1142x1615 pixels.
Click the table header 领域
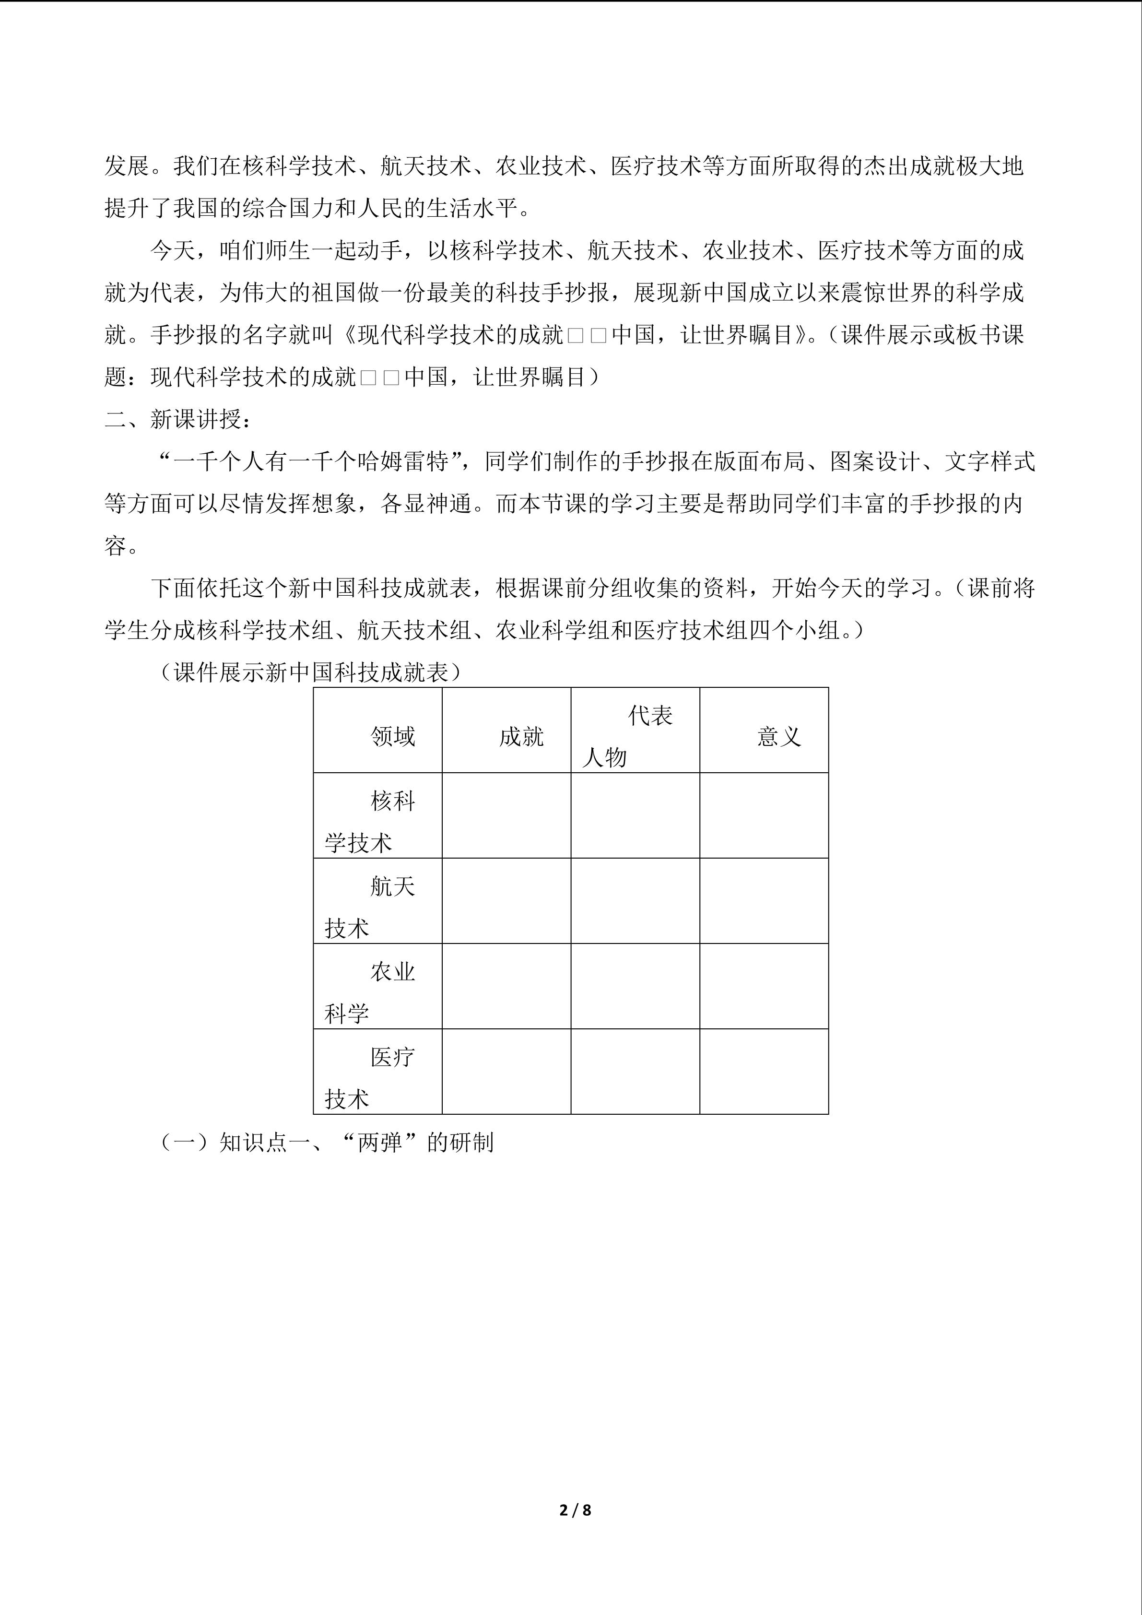pos(392,736)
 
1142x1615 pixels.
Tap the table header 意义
pos(778,736)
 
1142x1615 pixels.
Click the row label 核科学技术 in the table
pos(377,822)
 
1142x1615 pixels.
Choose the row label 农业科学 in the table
pos(377,992)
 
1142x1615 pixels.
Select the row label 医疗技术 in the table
pos(377,1078)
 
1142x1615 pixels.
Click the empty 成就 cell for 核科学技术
pos(506,816)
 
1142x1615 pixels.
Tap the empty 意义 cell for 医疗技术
pos(764,1072)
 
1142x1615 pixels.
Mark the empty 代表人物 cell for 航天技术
pos(635,901)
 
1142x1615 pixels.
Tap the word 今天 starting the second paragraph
pos(172,250)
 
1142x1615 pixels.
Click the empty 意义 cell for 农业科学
pos(764,986)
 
